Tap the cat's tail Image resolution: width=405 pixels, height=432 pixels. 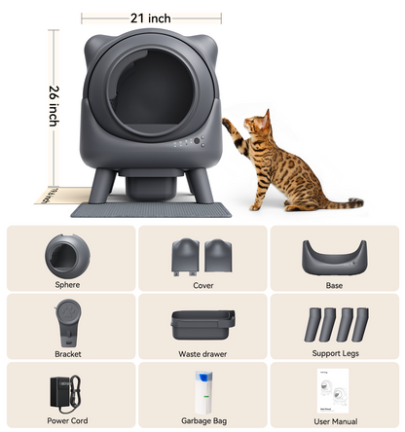click(x=340, y=203)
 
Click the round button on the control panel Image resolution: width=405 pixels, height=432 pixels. click(x=197, y=141)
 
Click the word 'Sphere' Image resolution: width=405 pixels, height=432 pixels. click(x=68, y=286)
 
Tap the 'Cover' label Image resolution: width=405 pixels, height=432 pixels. click(x=202, y=286)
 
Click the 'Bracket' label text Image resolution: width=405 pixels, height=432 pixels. click(x=68, y=354)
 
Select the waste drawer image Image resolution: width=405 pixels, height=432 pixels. click(x=202, y=325)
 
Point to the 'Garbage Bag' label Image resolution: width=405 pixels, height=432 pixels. click(x=202, y=421)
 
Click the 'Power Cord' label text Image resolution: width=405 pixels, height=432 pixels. click(x=68, y=421)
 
